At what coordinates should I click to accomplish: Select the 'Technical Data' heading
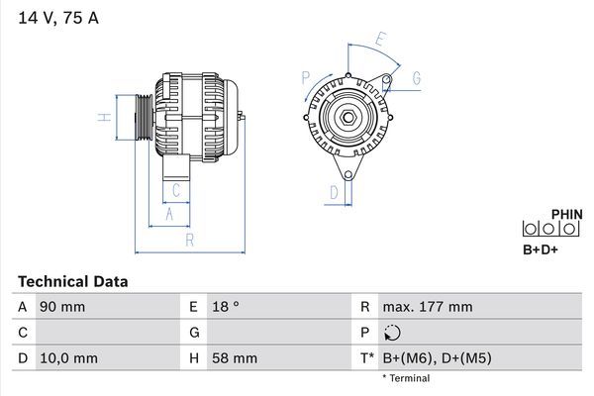coord(72,282)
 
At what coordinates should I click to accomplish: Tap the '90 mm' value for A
coord(62,307)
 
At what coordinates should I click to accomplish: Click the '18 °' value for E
coord(227,307)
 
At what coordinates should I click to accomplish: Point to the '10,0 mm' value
coord(68,358)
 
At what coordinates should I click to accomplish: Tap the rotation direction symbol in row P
coord(394,333)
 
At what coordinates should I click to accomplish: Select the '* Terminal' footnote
coord(406,379)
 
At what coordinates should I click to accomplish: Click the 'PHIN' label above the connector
coord(566,213)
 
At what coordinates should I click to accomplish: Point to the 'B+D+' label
coord(541,249)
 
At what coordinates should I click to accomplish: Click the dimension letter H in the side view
coord(103,118)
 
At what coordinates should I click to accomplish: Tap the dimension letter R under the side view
coord(189,241)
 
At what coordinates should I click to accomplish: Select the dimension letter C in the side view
coord(176,190)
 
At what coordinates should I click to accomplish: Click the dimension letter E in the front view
coord(381,40)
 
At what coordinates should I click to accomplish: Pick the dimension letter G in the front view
coord(416,77)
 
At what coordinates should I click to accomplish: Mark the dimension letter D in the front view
coord(335,192)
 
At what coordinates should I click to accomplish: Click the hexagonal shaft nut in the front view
coord(349,118)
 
